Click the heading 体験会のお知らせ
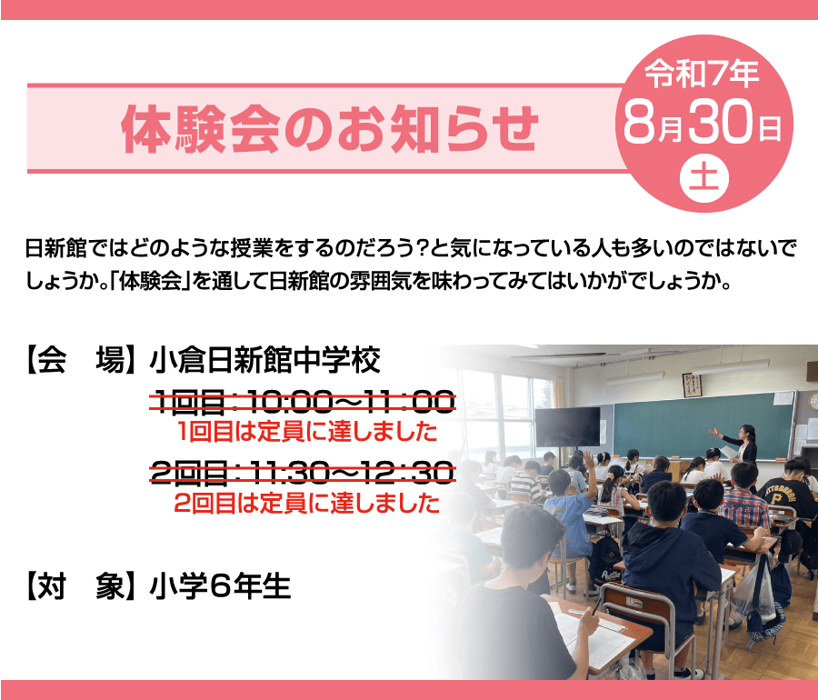(x=329, y=129)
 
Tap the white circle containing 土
(x=703, y=177)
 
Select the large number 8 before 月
(x=640, y=122)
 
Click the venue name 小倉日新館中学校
(x=264, y=360)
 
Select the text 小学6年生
(x=220, y=585)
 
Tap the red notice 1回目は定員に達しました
(x=307, y=432)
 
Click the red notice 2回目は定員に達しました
(x=307, y=503)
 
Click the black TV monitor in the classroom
(x=567, y=427)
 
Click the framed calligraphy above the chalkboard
(x=692, y=385)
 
